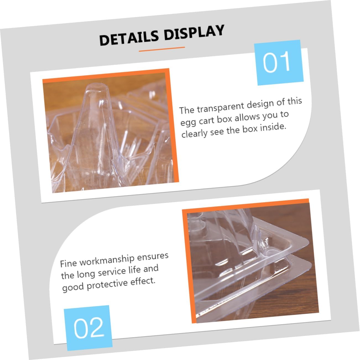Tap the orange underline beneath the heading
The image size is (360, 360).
pyautogui.click(x=162, y=49)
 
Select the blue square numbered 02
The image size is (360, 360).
pyautogui.click(x=88, y=327)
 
